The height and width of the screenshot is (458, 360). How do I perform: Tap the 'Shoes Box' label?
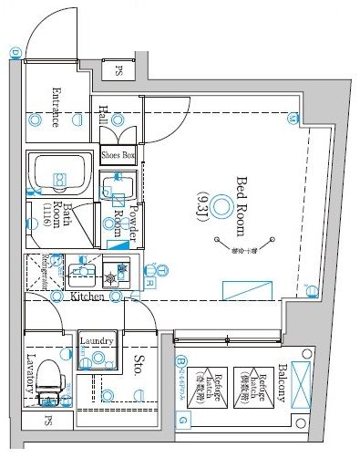(x=118, y=156)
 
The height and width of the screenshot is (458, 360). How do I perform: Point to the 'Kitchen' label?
(x=86, y=297)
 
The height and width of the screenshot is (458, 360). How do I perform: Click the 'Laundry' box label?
(x=96, y=341)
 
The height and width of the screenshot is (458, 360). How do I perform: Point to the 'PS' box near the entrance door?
(x=118, y=70)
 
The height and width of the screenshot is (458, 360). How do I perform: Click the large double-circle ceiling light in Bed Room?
(x=222, y=209)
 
